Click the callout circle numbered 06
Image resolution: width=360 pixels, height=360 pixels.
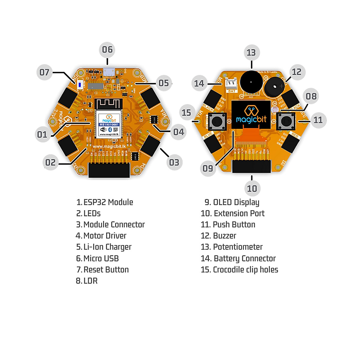107,49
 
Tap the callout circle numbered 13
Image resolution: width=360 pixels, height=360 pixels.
251,53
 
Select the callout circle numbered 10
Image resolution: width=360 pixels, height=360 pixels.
252,188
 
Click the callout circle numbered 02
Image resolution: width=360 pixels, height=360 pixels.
50,162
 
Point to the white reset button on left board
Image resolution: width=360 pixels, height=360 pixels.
80,85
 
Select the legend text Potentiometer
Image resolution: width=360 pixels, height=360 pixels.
238,247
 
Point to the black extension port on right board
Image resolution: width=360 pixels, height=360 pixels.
251,166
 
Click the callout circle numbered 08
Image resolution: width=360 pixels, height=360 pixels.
311,96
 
